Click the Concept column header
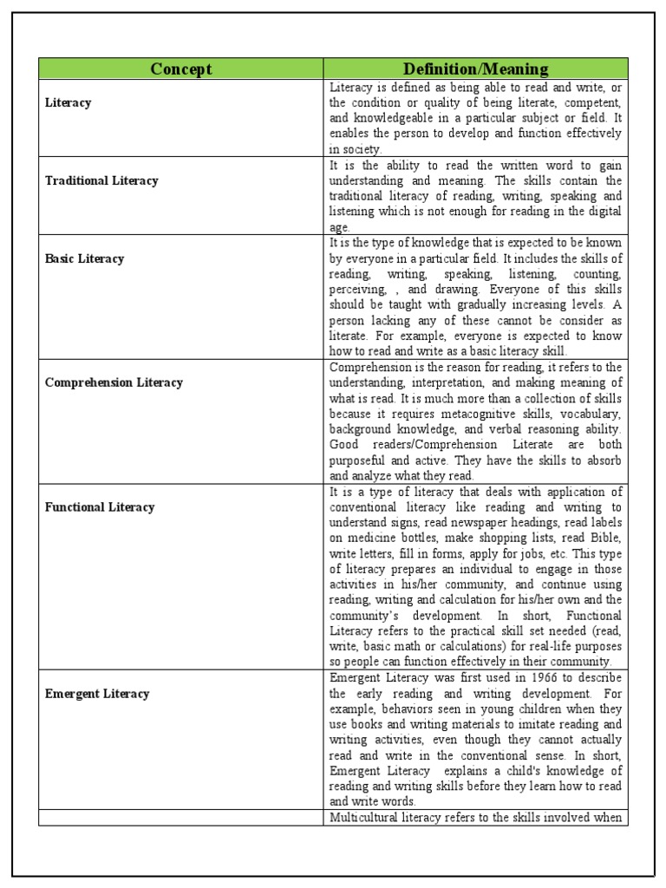[x=180, y=69]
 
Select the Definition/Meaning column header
[x=475, y=69]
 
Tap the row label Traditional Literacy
[x=101, y=180]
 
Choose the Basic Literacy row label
[x=85, y=258]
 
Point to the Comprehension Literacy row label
[x=114, y=382]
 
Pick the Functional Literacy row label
[x=100, y=507]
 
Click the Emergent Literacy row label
[x=97, y=694]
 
